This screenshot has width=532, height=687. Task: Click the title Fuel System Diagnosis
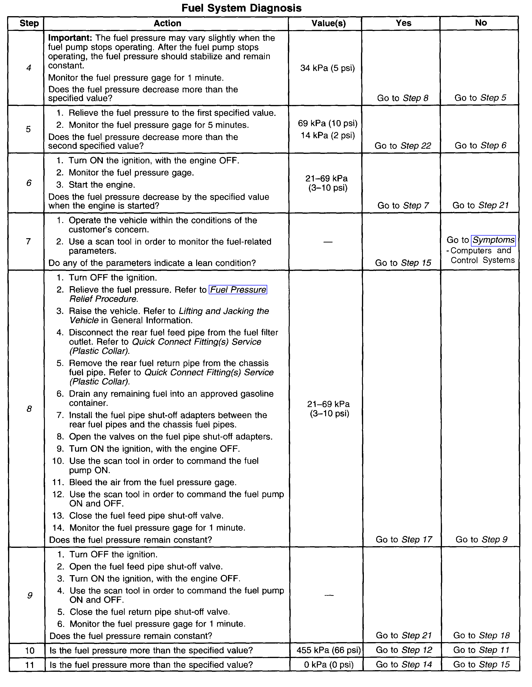click(x=241, y=8)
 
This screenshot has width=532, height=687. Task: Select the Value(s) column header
click(x=328, y=23)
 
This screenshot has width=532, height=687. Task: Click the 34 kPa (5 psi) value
click(x=328, y=68)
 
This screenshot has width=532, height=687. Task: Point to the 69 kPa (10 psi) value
click(x=328, y=123)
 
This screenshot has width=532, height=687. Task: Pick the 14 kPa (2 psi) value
click(x=328, y=135)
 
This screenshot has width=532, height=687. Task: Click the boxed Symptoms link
click(x=493, y=240)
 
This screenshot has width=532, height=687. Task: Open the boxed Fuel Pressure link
click(x=238, y=289)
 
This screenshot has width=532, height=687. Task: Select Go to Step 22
click(x=403, y=146)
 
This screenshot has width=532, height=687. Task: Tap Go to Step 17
click(x=404, y=540)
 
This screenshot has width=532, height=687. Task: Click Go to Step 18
click(x=481, y=635)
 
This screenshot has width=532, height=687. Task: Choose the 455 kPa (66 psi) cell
click(x=328, y=650)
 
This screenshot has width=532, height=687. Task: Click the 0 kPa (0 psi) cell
click(x=329, y=664)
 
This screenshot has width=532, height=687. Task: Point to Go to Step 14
click(x=404, y=664)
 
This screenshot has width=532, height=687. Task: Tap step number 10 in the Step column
click(x=30, y=650)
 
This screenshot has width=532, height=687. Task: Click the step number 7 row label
click(x=28, y=242)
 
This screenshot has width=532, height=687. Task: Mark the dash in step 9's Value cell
click(x=329, y=595)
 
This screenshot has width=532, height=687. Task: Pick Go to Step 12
click(x=404, y=650)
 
